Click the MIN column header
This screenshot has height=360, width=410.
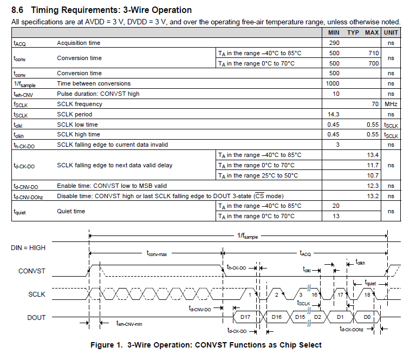click(334, 32)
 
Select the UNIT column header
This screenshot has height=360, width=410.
click(391, 32)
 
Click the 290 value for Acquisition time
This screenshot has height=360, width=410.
click(334, 43)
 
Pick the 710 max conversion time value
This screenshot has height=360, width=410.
click(373, 53)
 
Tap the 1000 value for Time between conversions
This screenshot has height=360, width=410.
click(333, 83)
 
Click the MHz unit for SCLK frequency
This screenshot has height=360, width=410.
click(391, 104)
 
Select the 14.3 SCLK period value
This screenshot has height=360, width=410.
click(334, 114)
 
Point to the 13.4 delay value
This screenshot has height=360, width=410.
click(373, 155)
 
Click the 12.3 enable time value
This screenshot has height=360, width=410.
click(373, 186)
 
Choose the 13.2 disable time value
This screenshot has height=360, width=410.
click(373, 196)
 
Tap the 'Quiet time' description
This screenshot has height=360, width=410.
click(71, 211)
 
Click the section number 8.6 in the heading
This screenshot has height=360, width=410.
click(17, 10)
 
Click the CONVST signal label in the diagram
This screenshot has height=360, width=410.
click(32, 271)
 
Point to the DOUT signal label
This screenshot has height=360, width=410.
click(36, 317)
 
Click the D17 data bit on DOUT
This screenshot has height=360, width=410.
click(245, 317)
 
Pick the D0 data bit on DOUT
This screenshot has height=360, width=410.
click(367, 317)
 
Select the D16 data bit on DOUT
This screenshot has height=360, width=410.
click(276, 317)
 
